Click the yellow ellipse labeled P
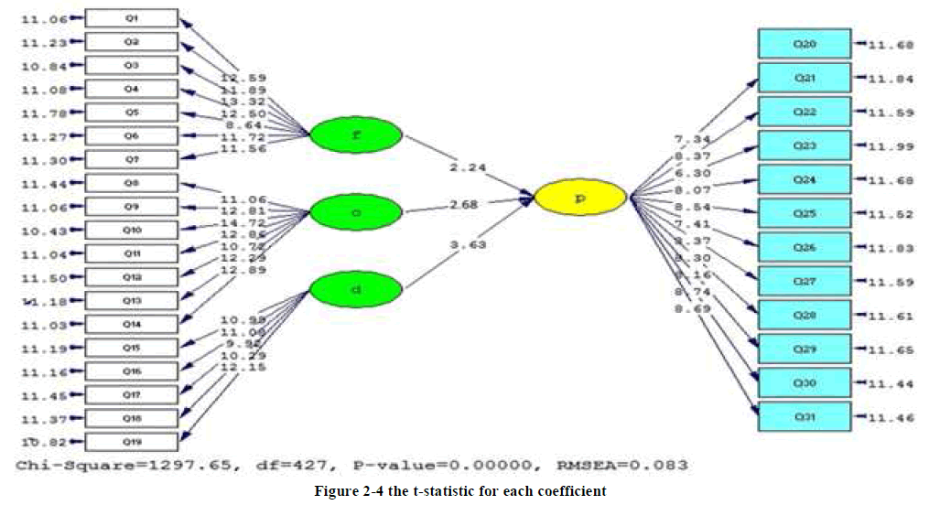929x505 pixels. tap(580, 197)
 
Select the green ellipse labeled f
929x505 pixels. tap(355, 136)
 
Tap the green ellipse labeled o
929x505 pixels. tap(355, 213)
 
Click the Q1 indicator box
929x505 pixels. tap(132, 18)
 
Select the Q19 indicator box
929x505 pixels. tap(132, 442)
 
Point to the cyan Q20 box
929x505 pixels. tap(805, 44)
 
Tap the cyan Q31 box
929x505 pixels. tap(805, 416)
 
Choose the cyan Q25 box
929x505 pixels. tap(805, 213)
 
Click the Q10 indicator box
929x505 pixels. tap(132, 230)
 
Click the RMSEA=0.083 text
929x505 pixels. tap(632, 465)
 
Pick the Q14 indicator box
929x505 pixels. tap(132, 324)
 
